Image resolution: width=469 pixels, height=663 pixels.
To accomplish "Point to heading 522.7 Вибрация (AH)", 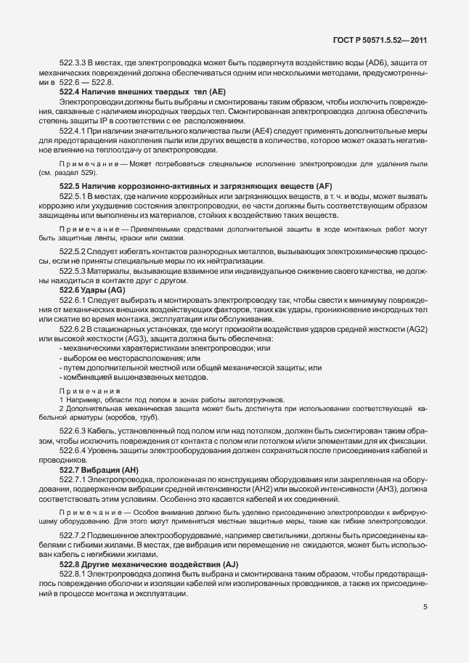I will point(97,469).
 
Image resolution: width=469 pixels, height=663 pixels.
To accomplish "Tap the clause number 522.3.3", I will point(73,64).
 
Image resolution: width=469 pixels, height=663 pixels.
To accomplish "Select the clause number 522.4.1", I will point(73,130).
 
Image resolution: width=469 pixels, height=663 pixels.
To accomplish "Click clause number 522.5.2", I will point(73,252).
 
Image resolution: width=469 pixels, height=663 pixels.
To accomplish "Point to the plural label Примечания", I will point(89,391).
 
